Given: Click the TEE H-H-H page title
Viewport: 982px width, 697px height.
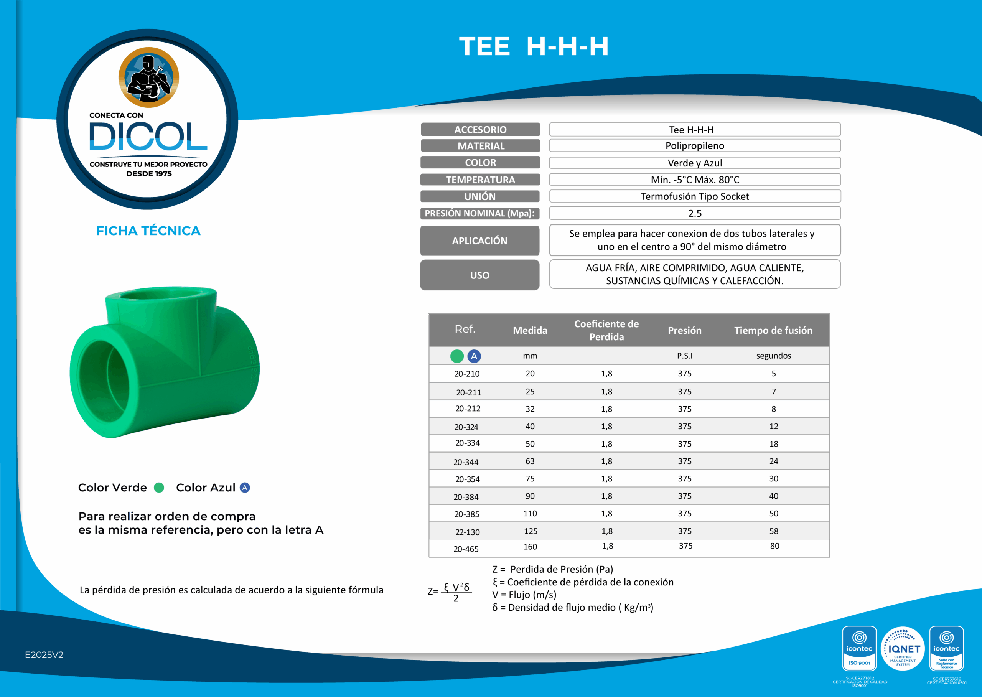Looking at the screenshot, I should click(534, 46).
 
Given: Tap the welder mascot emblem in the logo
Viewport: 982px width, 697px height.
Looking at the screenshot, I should click(148, 77).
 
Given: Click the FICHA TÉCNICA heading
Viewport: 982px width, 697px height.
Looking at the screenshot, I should click(148, 231).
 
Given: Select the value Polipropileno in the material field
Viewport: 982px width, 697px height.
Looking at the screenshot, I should click(694, 145).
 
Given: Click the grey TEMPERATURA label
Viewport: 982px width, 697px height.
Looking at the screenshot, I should click(480, 180).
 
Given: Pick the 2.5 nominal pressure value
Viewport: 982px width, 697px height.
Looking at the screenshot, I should click(694, 213).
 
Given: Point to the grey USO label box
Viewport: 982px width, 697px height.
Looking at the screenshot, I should click(479, 275).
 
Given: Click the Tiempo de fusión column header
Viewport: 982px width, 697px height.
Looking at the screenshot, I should click(773, 330).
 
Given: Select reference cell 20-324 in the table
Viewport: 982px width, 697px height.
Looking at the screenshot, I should click(466, 427).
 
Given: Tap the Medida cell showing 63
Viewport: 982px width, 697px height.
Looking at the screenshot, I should click(530, 461).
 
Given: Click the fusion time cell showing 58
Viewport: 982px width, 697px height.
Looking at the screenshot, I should click(773, 531).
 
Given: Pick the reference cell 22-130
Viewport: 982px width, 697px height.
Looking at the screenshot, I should click(467, 532).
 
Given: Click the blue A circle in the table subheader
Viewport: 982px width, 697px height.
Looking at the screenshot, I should click(474, 356).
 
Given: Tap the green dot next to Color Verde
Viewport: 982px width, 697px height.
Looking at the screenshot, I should click(159, 488).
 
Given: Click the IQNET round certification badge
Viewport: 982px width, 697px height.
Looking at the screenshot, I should click(902, 649).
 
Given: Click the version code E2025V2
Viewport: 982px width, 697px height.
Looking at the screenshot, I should click(44, 655).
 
